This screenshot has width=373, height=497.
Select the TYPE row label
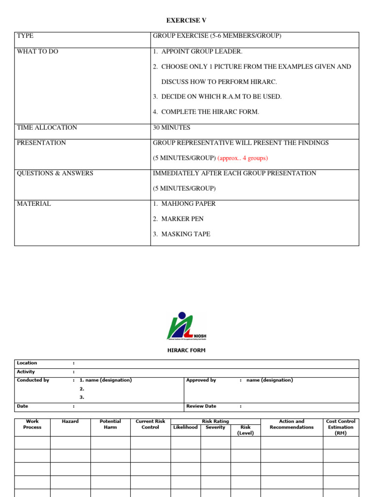[x=25, y=36]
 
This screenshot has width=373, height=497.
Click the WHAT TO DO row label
[x=37, y=51]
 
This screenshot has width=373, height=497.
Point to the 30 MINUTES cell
[x=171, y=128]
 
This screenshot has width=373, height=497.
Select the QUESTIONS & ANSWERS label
[x=55, y=173]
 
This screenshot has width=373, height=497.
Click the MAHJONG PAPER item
[x=188, y=204]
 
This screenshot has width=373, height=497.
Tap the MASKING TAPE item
[x=186, y=234]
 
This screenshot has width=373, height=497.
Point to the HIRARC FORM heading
[x=186, y=350]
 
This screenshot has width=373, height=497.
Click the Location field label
[x=27, y=363]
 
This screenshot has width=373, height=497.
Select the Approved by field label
[x=201, y=380]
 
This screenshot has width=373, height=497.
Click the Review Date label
[x=201, y=406]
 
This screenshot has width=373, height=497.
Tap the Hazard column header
[x=70, y=421]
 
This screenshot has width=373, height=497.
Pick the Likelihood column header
[x=185, y=427]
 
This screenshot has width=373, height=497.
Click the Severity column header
[x=215, y=427]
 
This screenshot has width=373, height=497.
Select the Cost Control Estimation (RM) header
[x=340, y=427]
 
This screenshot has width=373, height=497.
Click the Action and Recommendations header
[x=291, y=424]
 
